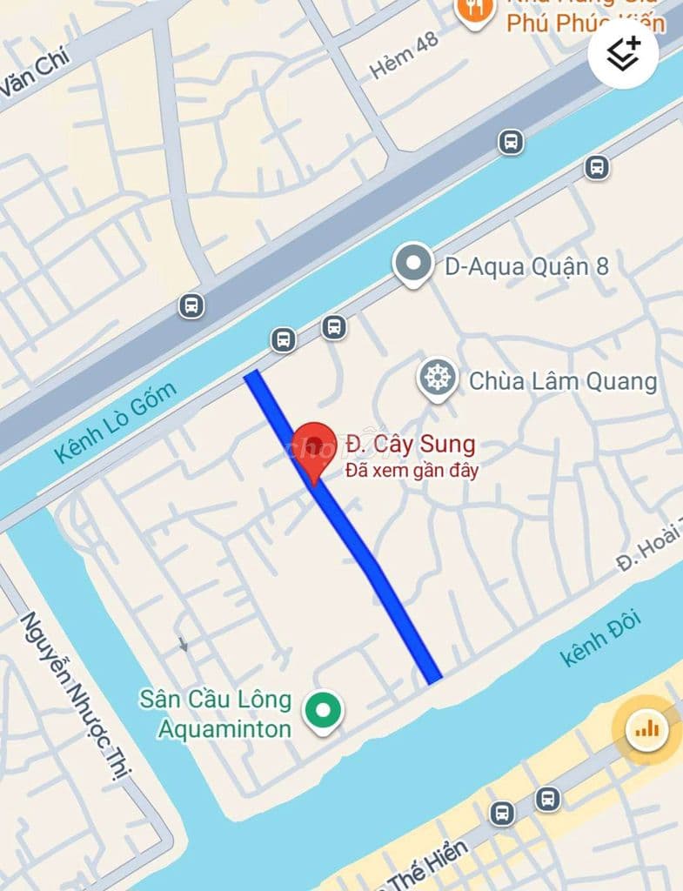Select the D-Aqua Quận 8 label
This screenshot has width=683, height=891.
[526, 266]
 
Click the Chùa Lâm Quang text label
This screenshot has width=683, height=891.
[562, 381]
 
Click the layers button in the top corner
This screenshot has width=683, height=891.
[623, 53]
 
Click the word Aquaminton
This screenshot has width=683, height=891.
[224, 727]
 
